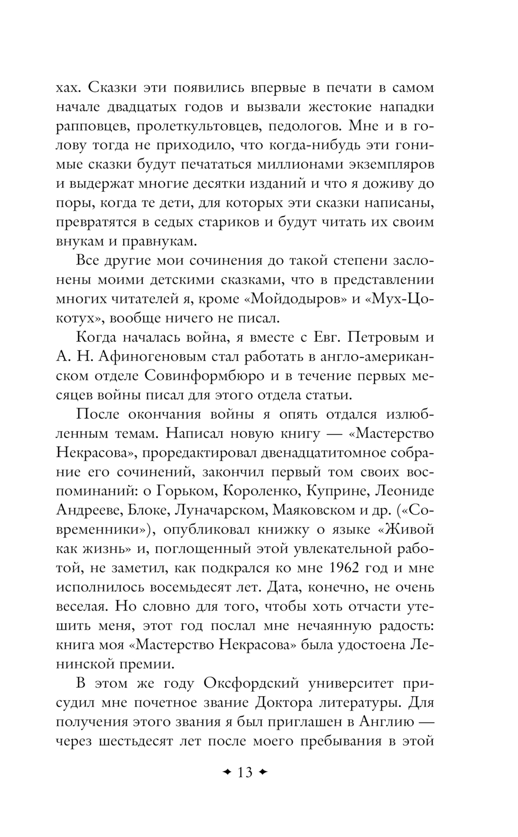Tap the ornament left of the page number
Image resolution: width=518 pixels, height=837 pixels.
[226, 772]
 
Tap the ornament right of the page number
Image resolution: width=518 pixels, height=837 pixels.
[263, 772]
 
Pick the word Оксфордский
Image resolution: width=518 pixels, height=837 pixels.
[251, 683]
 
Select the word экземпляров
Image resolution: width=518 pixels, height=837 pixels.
[385, 165]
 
